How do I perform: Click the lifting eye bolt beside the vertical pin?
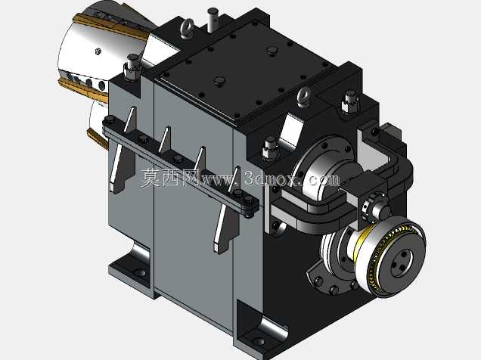(x=188, y=28)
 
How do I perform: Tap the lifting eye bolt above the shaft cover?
(x=304, y=97)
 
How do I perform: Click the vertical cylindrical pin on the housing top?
(x=213, y=20)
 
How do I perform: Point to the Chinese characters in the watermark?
(x=170, y=178)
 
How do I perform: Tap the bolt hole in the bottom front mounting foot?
(x=259, y=340)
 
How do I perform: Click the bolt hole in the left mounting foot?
(x=140, y=272)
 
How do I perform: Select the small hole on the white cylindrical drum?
(x=98, y=51)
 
